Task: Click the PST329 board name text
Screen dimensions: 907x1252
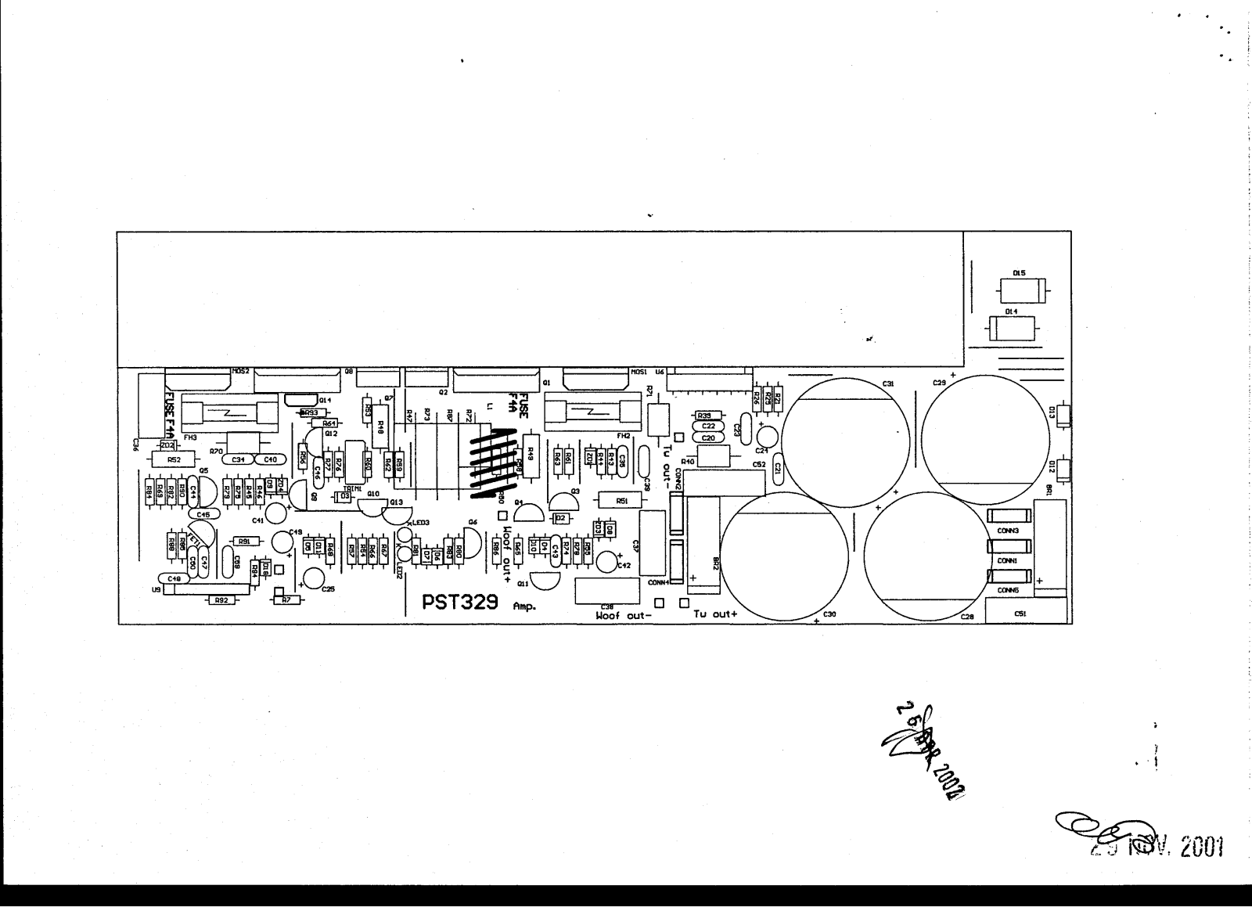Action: [462, 603]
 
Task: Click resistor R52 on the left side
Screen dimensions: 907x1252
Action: [174, 460]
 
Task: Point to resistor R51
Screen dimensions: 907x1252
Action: [622, 500]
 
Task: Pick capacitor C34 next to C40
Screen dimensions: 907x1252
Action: [238, 459]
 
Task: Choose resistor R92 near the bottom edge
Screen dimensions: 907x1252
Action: [221, 601]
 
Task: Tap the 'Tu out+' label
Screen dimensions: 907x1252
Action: [715, 614]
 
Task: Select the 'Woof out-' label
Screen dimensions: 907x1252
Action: [623, 615]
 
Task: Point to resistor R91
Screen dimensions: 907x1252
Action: [243, 541]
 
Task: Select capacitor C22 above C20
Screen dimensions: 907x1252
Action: [708, 427]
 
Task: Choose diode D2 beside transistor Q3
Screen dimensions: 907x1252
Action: [559, 518]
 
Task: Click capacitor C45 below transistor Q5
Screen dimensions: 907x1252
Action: [203, 514]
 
